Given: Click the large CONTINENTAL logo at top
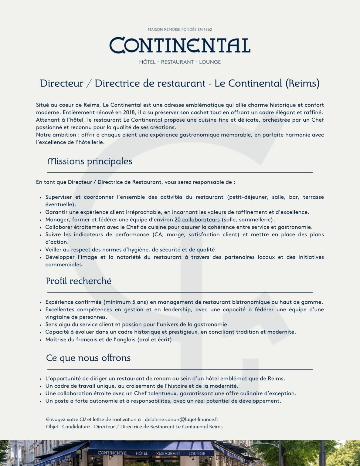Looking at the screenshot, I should (180, 46).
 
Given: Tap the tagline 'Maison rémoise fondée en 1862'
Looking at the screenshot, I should (180, 29).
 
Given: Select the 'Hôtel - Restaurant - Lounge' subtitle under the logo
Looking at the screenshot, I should (180, 62).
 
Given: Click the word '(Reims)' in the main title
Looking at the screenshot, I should (302, 83).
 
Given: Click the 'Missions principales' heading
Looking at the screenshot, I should (90, 161).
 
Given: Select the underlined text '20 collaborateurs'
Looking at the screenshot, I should (197, 219).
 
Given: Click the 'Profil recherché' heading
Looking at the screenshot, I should (79, 281).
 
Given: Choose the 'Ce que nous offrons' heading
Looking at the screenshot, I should (88, 358).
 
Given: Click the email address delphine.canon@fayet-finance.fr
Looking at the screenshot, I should (182, 419).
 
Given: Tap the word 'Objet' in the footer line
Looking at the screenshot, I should (52, 427).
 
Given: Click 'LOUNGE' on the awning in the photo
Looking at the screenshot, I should (197, 454).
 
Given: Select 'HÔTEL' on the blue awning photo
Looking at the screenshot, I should (141, 453).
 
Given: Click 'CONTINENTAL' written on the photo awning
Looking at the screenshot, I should (112, 453).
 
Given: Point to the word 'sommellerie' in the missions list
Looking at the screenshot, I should (256, 219).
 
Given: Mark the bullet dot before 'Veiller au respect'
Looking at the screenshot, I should (40, 250).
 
